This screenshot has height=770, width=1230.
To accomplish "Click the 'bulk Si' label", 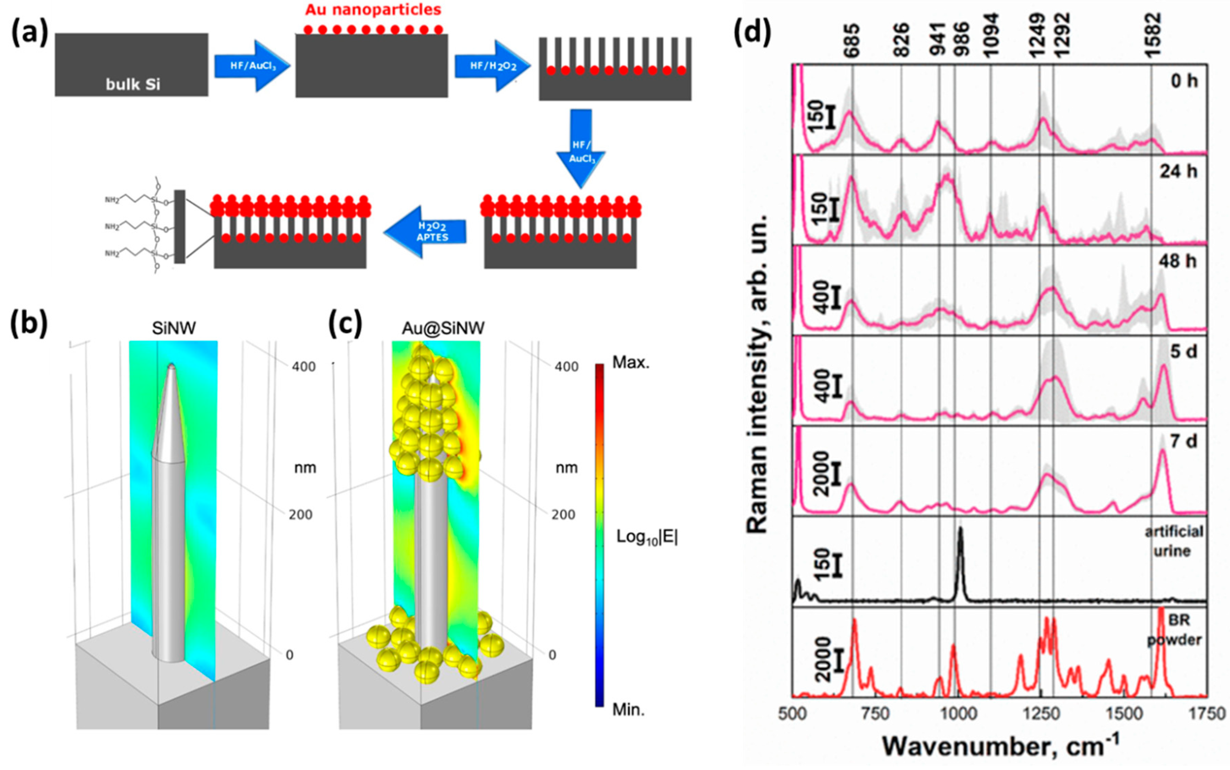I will (133, 84).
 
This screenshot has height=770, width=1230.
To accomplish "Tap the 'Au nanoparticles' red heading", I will (373, 10).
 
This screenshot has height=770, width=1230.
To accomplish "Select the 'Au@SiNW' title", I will (443, 328).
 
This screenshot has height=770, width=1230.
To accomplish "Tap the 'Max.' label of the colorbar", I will (630, 363).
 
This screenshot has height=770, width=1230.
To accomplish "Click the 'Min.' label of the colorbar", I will (628, 709).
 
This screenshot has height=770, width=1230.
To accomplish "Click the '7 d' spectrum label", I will (1183, 441).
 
